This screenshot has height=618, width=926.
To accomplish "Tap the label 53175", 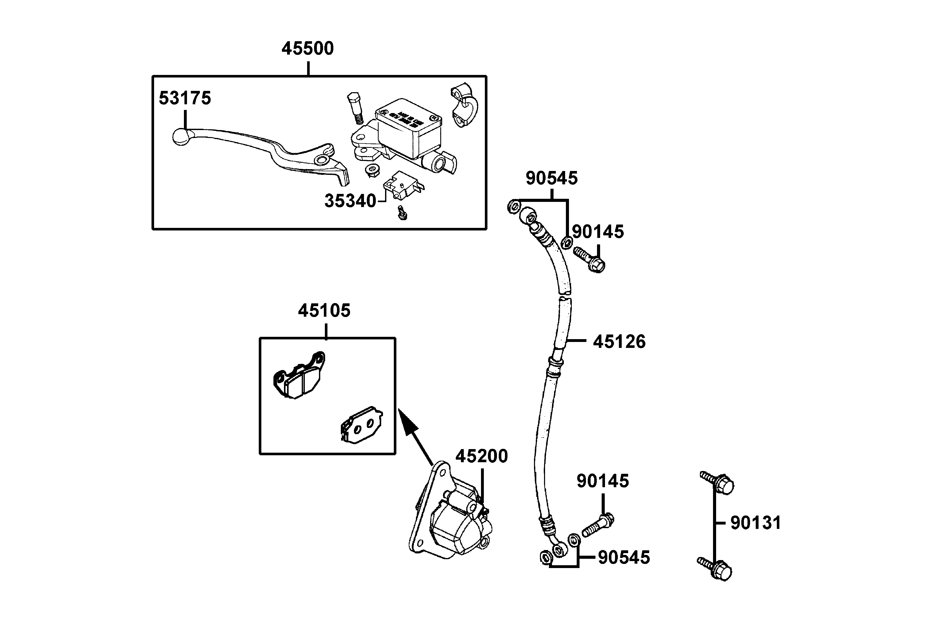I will (x=185, y=98).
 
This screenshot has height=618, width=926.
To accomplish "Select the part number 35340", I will (x=350, y=201).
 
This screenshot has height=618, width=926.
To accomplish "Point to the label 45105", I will (x=324, y=311).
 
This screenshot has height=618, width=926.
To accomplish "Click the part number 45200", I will (x=482, y=456).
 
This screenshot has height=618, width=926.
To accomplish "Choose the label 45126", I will (x=619, y=342).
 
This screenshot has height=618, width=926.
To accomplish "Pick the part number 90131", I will (x=755, y=523).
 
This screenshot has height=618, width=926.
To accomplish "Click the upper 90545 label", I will (x=551, y=178).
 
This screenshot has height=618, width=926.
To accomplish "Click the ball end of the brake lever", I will (x=182, y=137).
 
